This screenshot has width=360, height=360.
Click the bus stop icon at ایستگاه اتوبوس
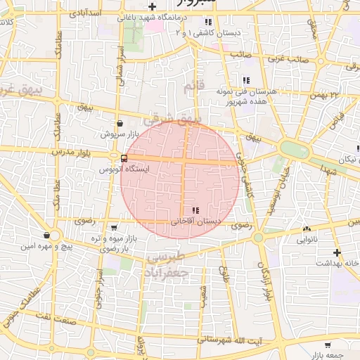(124, 158)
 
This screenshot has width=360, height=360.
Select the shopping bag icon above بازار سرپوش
(120, 122)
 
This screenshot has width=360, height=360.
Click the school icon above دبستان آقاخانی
(195, 210)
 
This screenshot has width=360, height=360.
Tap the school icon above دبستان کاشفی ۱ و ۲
(209, 22)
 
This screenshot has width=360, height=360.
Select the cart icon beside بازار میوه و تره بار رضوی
(114, 227)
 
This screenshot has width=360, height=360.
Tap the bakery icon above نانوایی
(307, 229)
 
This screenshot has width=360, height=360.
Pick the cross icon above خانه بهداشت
(337, 252)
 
